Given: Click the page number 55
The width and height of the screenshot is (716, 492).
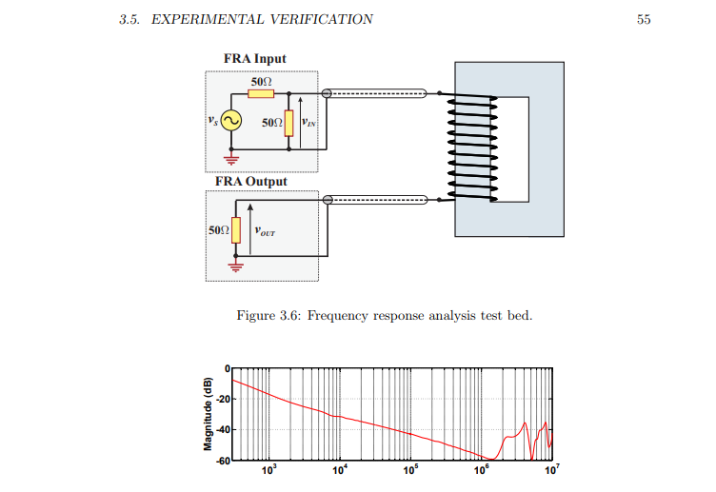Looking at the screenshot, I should click(644, 20).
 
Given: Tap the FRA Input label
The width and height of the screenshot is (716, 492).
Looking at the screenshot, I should click(254, 59).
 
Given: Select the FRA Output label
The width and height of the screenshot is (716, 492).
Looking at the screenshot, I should click(250, 181).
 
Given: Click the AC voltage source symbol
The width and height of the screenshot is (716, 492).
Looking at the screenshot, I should click(231, 122).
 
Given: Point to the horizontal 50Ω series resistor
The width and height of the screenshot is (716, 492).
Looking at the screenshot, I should click(261, 93).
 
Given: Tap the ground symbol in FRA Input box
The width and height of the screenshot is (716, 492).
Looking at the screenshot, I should click(230, 159).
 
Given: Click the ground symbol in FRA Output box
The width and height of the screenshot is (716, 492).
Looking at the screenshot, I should click(229, 266).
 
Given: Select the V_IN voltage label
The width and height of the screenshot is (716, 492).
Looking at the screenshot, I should click(308, 122).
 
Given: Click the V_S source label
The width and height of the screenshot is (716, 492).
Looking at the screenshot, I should click(212, 121).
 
